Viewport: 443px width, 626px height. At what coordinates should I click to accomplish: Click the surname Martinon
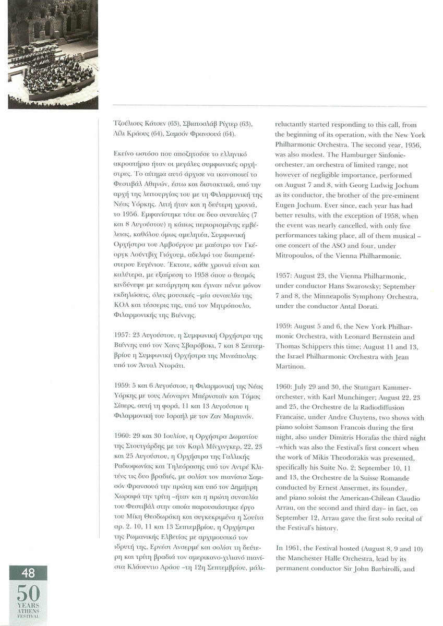[291, 367]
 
